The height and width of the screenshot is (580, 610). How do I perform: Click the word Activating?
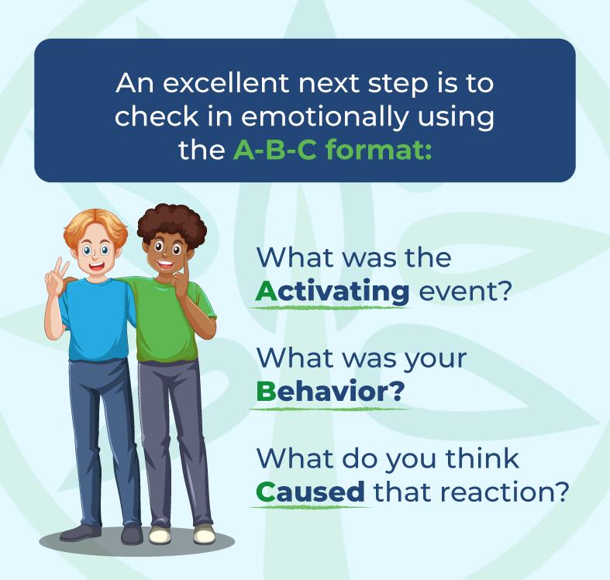coord(333,292)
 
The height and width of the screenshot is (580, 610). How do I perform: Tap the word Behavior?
coord(330,392)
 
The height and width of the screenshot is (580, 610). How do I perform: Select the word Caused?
coord(310,492)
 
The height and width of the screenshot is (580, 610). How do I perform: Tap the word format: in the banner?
coord(384,150)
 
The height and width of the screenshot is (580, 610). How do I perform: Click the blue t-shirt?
coord(97,318)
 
